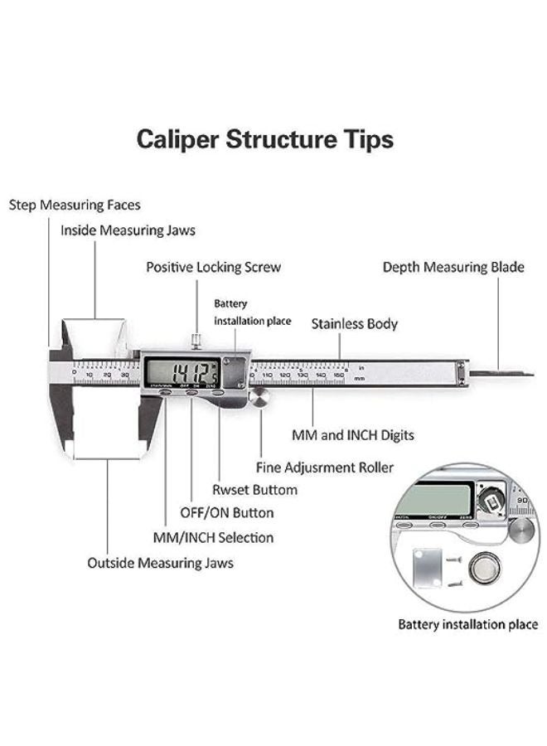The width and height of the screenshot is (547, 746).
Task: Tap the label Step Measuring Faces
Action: point(75,205)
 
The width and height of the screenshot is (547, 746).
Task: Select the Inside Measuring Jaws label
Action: point(128,230)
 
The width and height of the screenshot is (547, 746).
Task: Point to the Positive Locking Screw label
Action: point(213,267)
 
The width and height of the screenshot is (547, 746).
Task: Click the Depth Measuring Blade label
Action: point(453,267)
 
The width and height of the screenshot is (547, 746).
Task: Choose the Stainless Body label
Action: point(354,324)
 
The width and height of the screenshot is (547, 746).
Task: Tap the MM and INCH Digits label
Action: point(353,434)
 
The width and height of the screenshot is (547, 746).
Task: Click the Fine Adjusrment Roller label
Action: point(324,467)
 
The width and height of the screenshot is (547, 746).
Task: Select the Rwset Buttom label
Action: point(254,490)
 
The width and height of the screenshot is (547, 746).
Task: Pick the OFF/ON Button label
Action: point(226,513)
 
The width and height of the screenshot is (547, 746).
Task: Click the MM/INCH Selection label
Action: point(213,537)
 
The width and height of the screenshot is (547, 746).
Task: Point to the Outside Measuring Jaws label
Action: point(160,563)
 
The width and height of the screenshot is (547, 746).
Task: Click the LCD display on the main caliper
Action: point(182,371)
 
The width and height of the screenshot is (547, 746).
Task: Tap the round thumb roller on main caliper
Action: point(261,400)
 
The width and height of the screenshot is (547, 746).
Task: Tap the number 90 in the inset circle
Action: point(522,500)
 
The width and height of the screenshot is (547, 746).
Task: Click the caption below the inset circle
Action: point(467,624)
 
